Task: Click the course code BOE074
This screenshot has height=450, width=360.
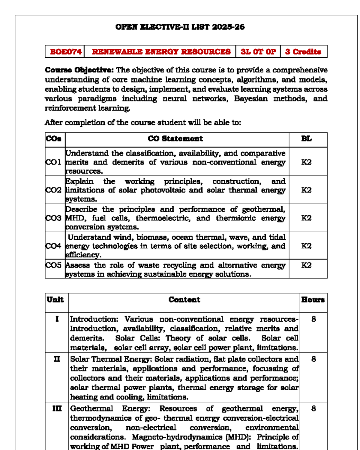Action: tap(66, 52)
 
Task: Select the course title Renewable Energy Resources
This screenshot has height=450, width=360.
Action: tap(161, 52)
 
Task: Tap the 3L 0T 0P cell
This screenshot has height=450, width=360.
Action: tap(258, 52)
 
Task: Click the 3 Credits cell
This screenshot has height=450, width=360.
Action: tap(303, 52)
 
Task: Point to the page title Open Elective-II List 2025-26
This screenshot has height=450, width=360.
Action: tap(180, 27)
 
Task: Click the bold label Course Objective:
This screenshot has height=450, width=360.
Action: tap(79, 70)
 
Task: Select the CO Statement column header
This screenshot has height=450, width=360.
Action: tap(175, 139)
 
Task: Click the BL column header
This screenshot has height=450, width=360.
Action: tap(306, 139)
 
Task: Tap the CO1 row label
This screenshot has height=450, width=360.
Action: tap(53, 162)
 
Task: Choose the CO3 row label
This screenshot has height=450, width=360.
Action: tap(53, 218)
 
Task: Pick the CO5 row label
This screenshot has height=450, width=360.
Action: tap(53, 265)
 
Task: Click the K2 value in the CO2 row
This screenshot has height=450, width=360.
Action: tap(306, 190)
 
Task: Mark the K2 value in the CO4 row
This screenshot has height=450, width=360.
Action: tap(306, 246)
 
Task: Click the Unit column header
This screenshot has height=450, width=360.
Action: tap(55, 300)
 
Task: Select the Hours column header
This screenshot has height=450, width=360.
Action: tap(313, 300)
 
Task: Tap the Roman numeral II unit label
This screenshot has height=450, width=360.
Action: tap(57, 359)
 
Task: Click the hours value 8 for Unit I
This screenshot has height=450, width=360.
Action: tap(313, 319)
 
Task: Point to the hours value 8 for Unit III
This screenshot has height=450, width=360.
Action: tap(313, 409)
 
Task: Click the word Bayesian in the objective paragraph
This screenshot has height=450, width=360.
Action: tap(251, 99)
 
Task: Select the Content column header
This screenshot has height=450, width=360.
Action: tap(184, 300)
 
